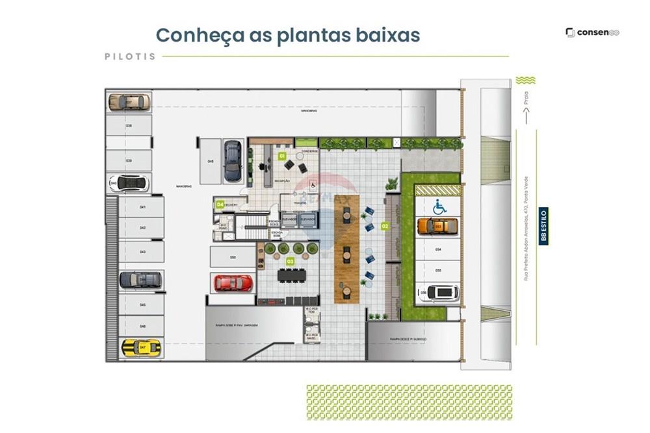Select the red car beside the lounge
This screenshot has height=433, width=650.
click(233, 282)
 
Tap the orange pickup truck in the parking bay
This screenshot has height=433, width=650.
click(437, 226)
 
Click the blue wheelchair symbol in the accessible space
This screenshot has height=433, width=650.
click(439, 206)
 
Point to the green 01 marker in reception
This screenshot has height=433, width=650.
click(282, 156)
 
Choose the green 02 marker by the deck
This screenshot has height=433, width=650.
click(385, 227)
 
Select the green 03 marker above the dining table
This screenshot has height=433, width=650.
click(291, 261)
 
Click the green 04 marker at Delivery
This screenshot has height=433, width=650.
click(220, 204)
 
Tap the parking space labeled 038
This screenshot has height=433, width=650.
click(129, 126)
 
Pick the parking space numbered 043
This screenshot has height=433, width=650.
click(141, 252)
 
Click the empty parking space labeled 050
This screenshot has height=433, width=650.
click(232, 258)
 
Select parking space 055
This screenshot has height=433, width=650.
click(438, 270)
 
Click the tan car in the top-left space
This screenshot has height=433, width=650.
click(129, 102)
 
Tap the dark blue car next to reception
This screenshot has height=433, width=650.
click(232, 161)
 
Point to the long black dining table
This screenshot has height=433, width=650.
click(291, 275)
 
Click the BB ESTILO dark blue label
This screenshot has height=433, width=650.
click(543, 226)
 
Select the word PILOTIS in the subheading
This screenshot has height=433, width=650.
click(130, 56)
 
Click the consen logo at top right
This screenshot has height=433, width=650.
click(592, 32)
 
